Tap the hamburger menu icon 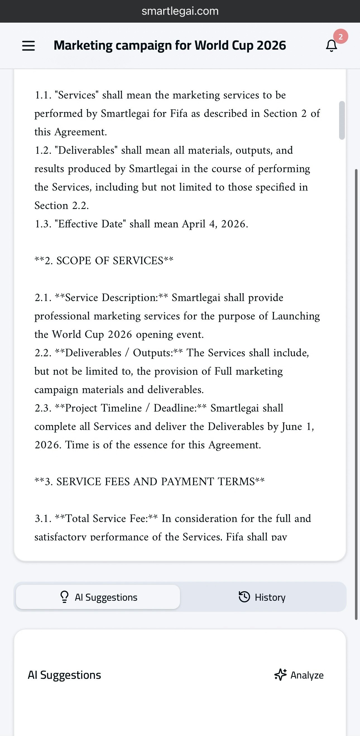click(28, 46)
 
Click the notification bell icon click(332, 46)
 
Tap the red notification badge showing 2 click(340, 37)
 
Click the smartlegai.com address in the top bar click(180, 11)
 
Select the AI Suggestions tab click(98, 597)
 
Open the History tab click(262, 597)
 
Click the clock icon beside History click(244, 597)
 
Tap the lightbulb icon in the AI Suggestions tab click(64, 597)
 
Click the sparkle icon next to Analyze click(280, 675)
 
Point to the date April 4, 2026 click(215, 224)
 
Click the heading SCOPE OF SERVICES click(110, 261)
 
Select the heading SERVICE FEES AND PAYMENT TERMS click(155, 482)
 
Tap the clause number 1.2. click(43, 150)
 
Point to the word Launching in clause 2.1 click(296, 316)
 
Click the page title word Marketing click(83, 45)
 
